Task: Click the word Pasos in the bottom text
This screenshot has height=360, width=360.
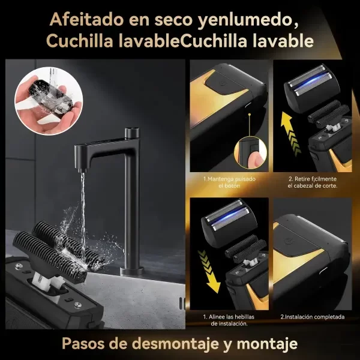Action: (x=85, y=344)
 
